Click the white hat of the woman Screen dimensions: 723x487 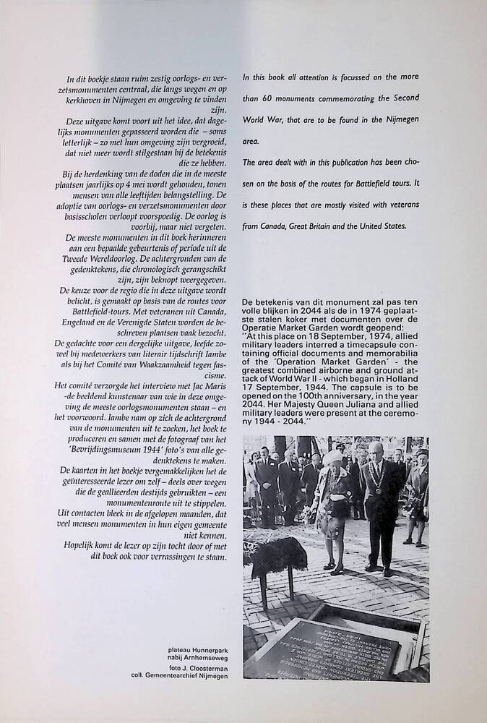click(334, 458)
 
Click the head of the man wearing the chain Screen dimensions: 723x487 click(376, 453)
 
